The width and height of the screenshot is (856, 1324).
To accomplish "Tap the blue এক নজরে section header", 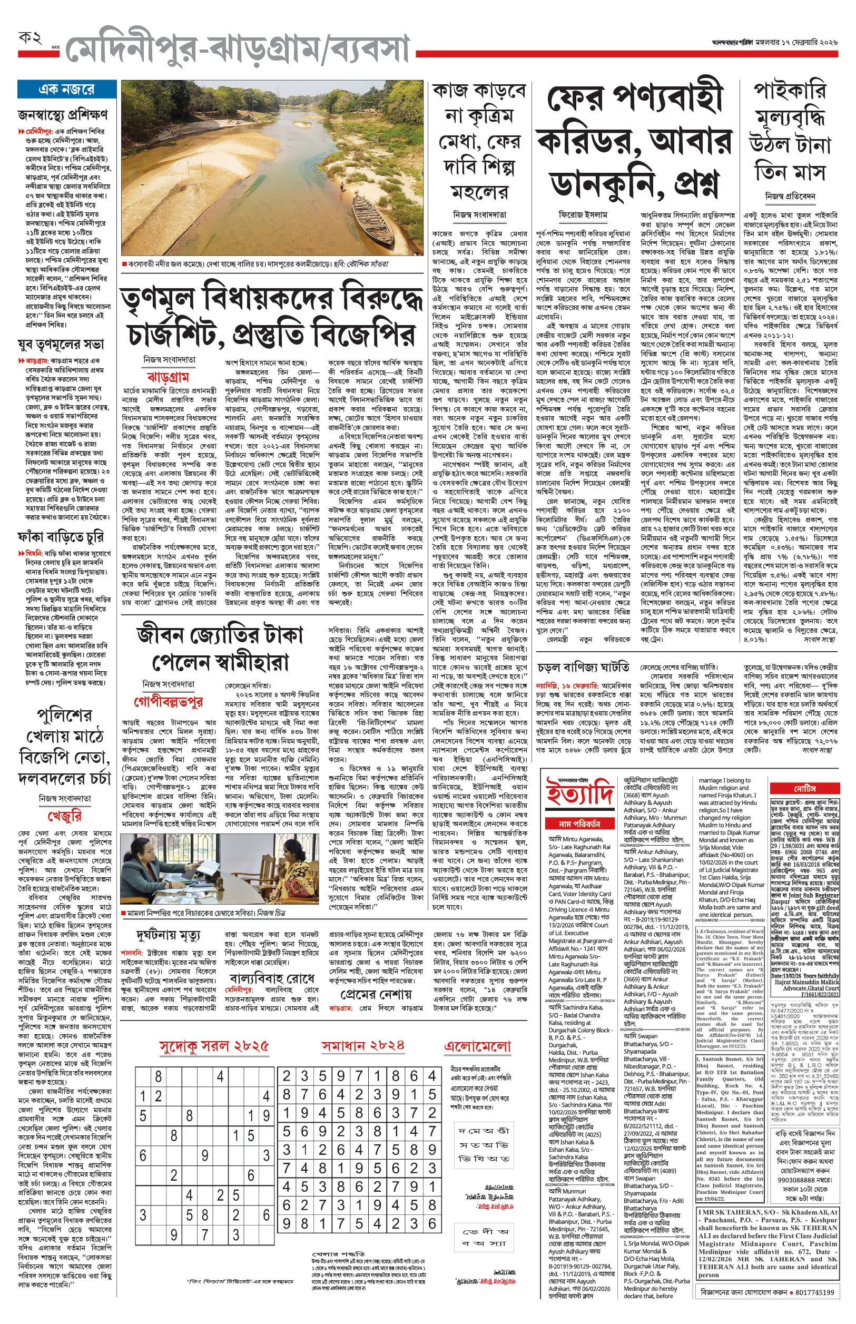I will coord(66,90).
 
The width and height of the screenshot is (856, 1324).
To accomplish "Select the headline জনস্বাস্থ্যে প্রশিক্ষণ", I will coord(63,114).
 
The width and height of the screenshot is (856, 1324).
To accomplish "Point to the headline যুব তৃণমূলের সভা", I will coord(61,344).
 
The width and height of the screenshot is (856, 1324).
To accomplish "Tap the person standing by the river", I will coord(341,194).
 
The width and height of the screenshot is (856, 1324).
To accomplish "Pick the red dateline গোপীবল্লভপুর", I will coord(168,702).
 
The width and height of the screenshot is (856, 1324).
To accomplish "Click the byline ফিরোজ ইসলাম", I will coord(583,214).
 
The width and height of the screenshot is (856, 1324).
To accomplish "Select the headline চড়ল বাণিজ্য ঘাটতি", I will coord(583,667).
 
